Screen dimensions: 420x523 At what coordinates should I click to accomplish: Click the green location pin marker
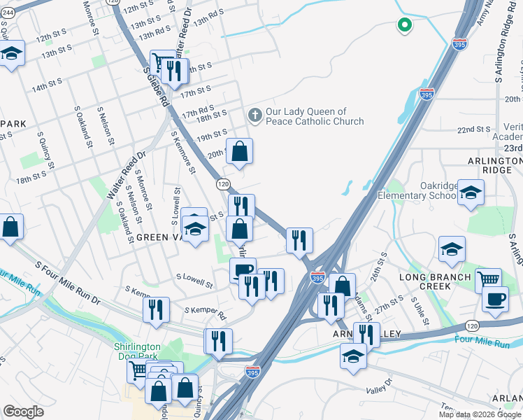tap(403, 26)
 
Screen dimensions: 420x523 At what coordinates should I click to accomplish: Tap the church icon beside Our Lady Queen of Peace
tap(255, 115)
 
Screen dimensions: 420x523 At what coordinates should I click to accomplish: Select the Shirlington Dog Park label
tap(138, 352)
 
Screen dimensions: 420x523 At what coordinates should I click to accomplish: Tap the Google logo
tap(23, 411)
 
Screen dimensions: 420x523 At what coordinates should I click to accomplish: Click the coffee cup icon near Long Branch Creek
tap(495, 298)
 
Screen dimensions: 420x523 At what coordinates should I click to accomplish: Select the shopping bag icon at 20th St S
tap(239, 150)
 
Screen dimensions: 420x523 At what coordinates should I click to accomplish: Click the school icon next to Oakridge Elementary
tap(472, 194)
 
